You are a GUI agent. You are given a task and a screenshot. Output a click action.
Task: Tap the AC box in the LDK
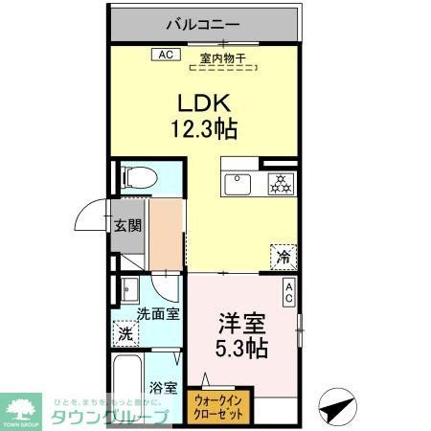click(x=164, y=54)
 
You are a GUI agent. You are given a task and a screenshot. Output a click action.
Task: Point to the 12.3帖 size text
click(x=205, y=126)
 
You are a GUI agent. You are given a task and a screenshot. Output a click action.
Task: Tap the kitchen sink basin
click(x=237, y=183)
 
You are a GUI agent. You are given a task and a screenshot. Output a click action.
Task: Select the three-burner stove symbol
click(x=281, y=183)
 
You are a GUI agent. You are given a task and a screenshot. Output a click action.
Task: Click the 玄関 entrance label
click(x=128, y=226)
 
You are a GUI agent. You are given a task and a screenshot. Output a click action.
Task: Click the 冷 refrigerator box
click(x=284, y=256)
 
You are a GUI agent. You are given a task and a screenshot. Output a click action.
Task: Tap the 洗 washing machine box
click(x=125, y=334)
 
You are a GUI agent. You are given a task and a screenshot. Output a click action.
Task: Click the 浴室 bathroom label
click(x=162, y=389)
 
